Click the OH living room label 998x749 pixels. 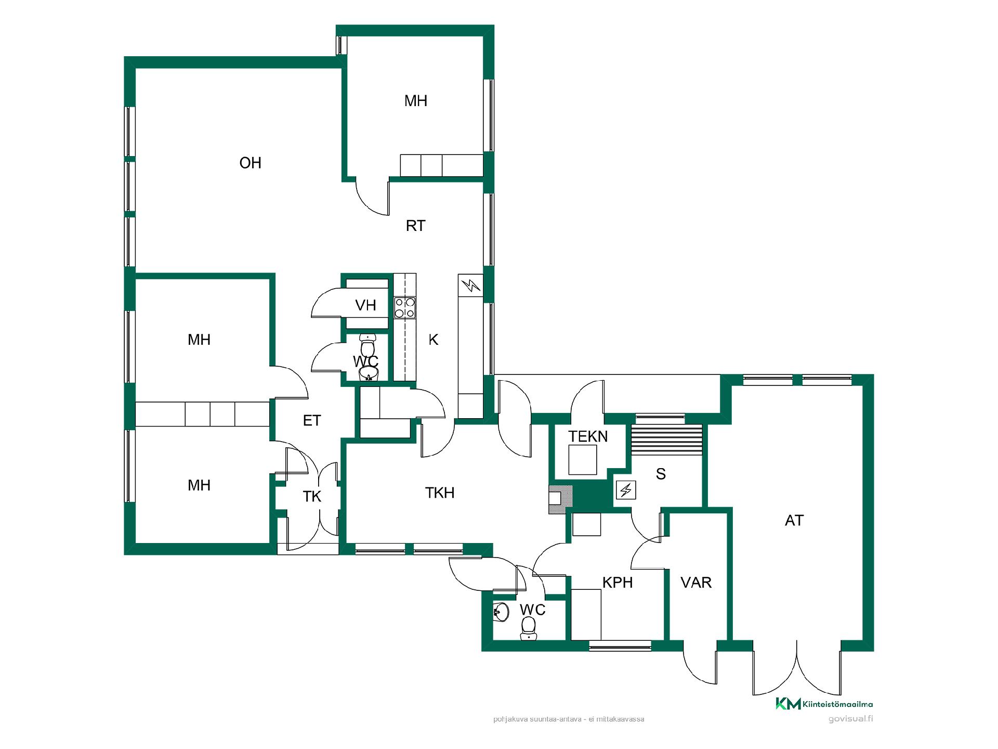[250, 163]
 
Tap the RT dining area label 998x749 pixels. [415, 226]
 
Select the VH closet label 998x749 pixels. [365, 305]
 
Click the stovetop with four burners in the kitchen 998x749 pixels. [405, 307]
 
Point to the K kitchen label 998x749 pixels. [434, 340]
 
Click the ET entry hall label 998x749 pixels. [312, 420]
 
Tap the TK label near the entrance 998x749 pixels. [312, 497]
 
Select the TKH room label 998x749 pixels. [440, 493]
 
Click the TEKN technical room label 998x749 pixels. [588, 436]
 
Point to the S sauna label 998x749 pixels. [661, 474]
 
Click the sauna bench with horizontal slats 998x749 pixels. [666, 440]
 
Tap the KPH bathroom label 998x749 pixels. [618, 583]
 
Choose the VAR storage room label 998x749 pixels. [696, 583]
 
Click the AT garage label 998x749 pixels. [794, 521]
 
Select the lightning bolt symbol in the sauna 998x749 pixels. [626, 490]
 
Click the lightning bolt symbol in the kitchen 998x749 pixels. [470, 285]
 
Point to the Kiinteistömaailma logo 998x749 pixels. [824, 704]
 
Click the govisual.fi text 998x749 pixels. [851, 719]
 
